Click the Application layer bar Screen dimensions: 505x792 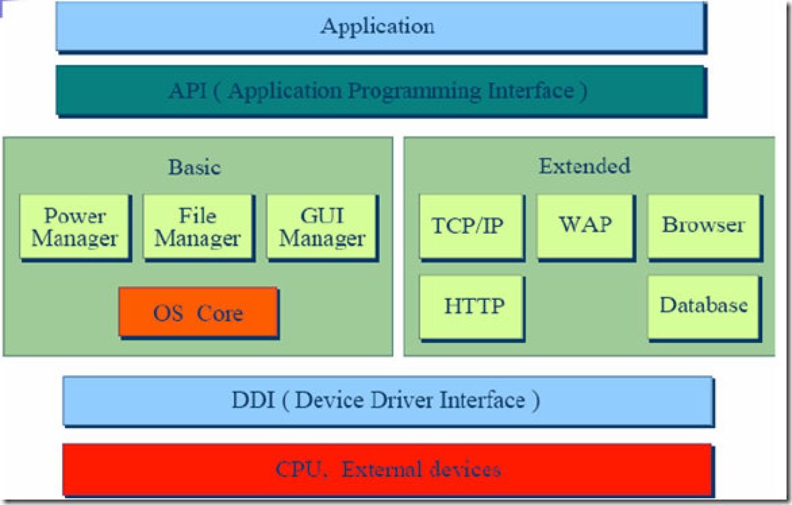[381, 27]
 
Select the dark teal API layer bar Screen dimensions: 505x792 [381, 91]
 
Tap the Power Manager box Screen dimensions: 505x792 [74, 226]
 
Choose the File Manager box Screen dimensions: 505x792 [197, 226]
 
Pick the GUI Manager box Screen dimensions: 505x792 [322, 226]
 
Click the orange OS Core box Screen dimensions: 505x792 [198, 312]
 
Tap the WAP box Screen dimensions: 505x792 [585, 224]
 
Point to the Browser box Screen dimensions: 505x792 [704, 225]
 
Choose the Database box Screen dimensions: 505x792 [704, 305]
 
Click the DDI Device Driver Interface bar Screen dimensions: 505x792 [387, 401]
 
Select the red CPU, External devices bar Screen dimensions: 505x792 [387, 469]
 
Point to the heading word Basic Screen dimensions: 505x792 [194, 168]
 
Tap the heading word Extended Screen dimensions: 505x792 [584, 166]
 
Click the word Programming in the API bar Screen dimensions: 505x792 [414, 91]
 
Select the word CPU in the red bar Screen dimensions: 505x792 [298, 470]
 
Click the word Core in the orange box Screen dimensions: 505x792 [220, 313]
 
